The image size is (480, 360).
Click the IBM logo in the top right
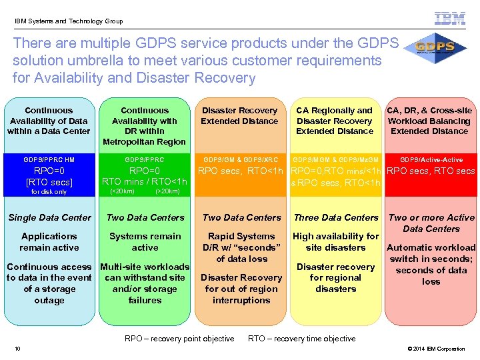450,19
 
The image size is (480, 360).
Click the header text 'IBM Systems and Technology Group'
69,21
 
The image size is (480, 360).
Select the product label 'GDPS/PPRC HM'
49,160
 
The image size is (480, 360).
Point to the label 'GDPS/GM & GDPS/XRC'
241,160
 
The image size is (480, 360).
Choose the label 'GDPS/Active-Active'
431,160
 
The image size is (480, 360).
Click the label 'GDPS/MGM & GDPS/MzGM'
336,160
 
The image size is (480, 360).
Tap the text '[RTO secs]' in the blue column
49,181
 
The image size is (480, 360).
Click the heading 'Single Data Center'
49,217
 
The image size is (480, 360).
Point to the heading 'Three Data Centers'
336,217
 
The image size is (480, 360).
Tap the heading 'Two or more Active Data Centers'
431,223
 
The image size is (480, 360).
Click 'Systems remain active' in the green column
145,241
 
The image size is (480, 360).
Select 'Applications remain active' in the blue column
49,241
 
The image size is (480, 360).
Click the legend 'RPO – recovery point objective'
179,339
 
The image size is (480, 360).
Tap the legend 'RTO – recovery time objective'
301,339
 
